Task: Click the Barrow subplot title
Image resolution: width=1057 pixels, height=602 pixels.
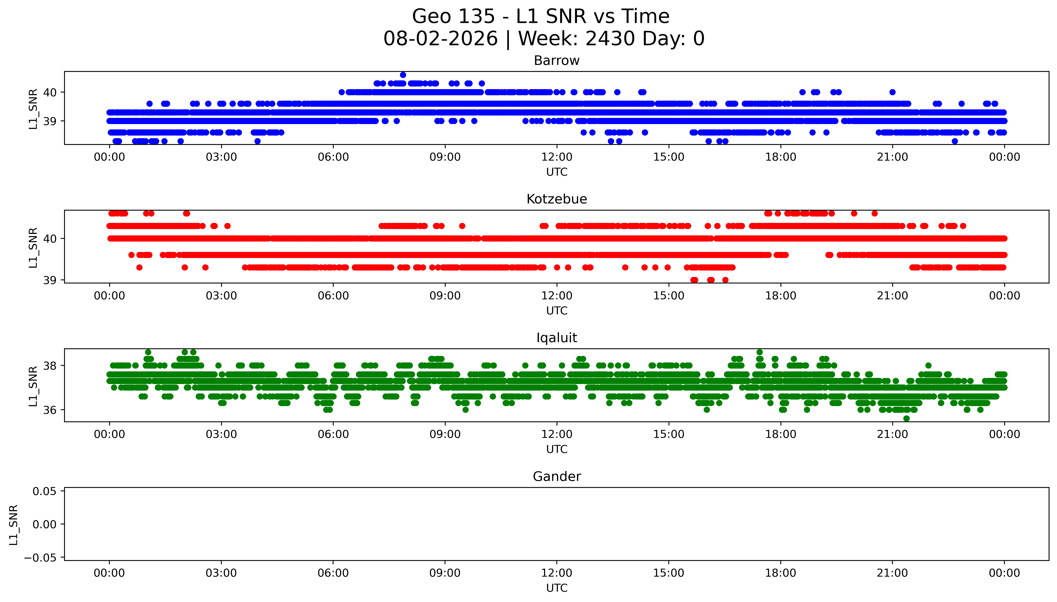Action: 556,61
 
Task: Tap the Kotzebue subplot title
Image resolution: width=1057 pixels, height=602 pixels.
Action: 556,199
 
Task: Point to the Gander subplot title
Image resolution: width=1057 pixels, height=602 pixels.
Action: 556,477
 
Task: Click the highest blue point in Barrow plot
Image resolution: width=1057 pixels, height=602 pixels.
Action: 403,75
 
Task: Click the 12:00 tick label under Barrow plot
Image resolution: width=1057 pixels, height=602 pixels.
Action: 557,157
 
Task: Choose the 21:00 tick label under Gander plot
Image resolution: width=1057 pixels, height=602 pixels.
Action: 892,573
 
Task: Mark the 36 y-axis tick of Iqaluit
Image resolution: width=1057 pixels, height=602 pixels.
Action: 50,410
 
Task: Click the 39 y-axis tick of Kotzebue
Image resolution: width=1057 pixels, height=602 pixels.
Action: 50,280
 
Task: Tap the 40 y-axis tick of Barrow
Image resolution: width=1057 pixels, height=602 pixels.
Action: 50,92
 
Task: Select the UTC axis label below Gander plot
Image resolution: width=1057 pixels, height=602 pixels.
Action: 557,588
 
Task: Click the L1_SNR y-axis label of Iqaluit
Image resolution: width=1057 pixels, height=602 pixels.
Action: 33,386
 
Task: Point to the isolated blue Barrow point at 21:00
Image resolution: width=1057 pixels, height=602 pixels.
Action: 892,92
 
